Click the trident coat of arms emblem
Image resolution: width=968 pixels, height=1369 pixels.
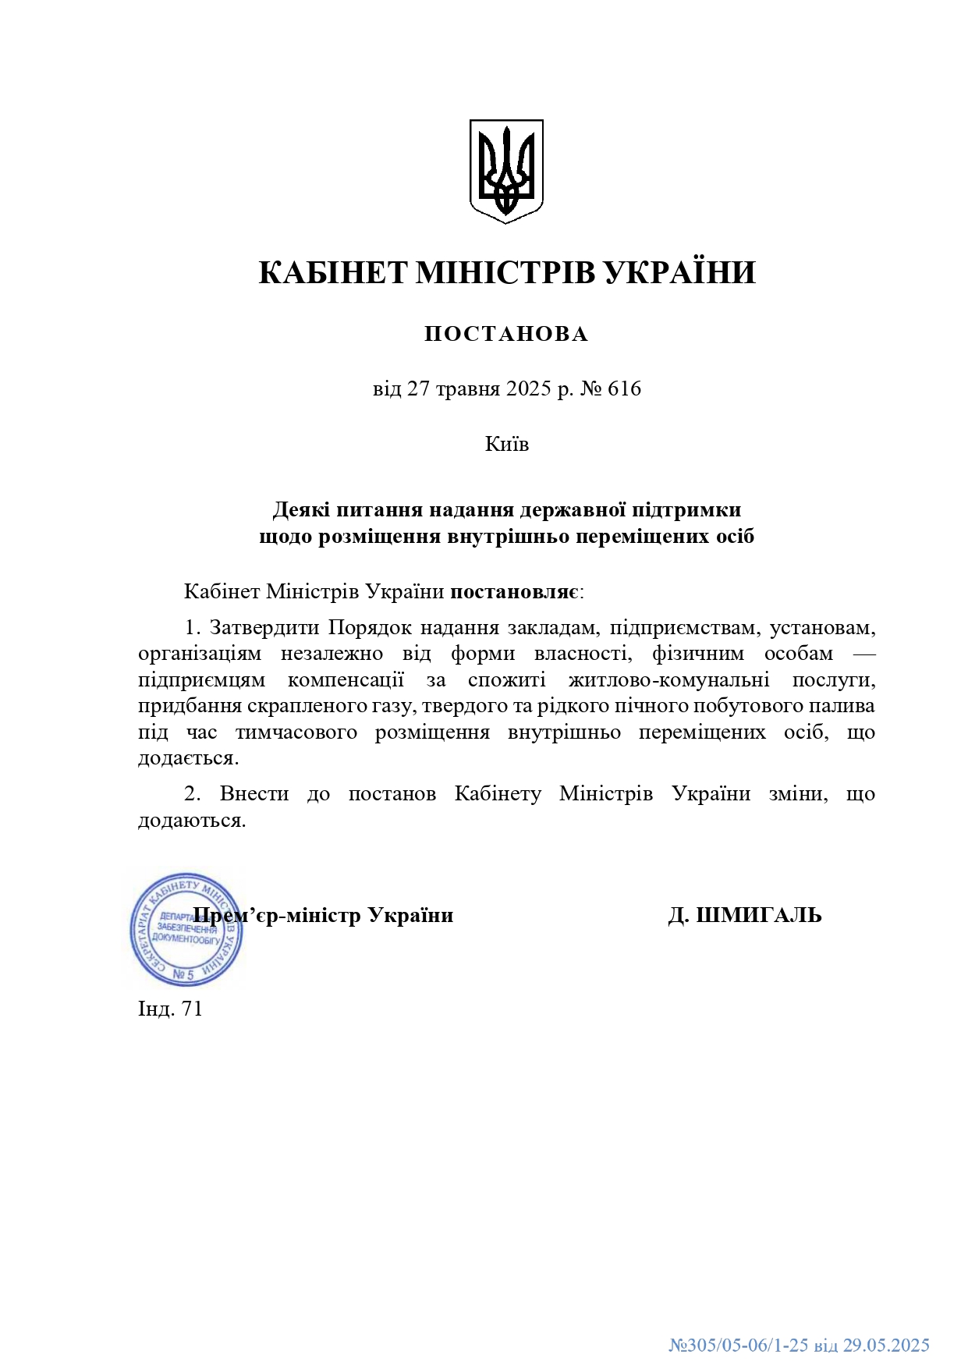coord(506,171)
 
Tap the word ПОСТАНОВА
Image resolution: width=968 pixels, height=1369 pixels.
coord(506,334)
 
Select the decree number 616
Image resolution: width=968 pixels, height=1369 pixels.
coord(624,388)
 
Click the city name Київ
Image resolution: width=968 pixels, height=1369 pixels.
coord(507,444)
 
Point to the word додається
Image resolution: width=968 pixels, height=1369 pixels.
coord(188,758)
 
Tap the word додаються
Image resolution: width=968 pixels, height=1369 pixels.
coord(192,821)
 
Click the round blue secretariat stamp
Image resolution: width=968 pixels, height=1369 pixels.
coord(186,929)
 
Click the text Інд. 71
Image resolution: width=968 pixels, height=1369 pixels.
coord(170,1009)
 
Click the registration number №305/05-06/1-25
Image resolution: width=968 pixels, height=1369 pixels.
coord(739,1345)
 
